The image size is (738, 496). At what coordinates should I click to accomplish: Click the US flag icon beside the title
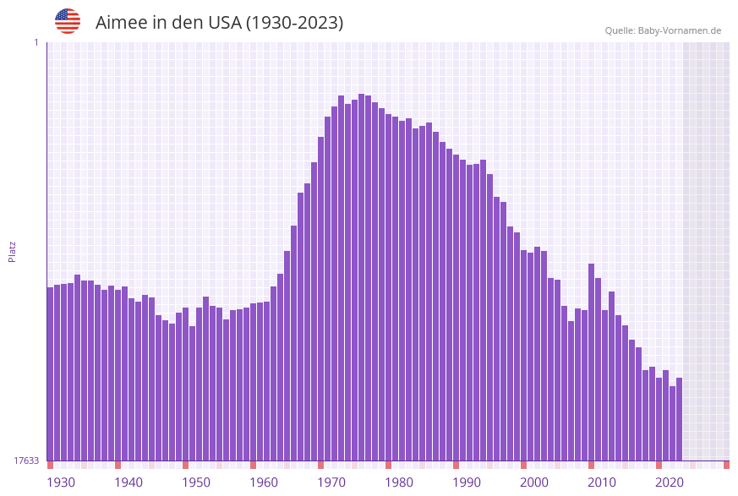click(68, 21)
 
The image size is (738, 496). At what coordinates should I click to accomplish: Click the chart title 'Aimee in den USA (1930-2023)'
click(219, 23)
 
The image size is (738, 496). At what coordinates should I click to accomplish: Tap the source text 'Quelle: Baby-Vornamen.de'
click(663, 30)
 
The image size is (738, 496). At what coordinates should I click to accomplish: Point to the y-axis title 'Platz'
click(13, 251)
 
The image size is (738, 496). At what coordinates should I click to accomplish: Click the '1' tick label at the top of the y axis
click(36, 42)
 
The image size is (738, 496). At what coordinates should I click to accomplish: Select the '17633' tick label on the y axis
click(26, 461)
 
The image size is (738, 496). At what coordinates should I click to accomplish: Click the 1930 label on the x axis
click(61, 482)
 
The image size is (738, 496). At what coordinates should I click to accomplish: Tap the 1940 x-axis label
click(128, 482)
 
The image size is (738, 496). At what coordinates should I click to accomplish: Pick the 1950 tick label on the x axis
click(196, 482)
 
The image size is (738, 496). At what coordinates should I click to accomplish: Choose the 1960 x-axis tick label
click(264, 482)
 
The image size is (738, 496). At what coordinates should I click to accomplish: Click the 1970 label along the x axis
click(331, 482)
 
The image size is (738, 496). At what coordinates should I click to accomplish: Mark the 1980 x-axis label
click(399, 482)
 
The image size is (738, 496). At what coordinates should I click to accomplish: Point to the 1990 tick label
click(467, 482)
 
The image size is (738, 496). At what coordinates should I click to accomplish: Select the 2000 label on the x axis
click(534, 482)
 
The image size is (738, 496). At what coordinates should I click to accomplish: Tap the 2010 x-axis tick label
click(602, 482)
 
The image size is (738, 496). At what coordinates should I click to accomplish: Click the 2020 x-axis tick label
click(670, 482)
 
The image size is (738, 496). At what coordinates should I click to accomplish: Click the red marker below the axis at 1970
click(321, 465)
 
